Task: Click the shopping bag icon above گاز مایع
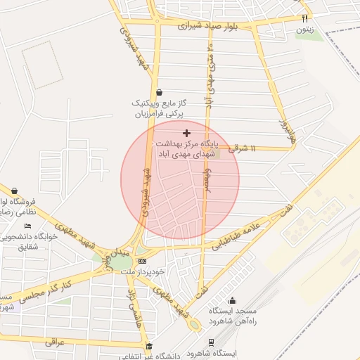[x=159, y=91]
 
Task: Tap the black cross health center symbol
[x=186, y=133]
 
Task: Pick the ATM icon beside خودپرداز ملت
[x=142, y=261]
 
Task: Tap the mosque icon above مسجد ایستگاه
[x=233, y=301]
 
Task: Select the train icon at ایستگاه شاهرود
[x=210, y=341]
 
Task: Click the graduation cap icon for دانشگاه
[x=149, y=346]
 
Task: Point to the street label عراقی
[x=54, y=342]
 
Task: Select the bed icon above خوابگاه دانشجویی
[x=27, y=226]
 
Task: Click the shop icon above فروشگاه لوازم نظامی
[x=14, y=191]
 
